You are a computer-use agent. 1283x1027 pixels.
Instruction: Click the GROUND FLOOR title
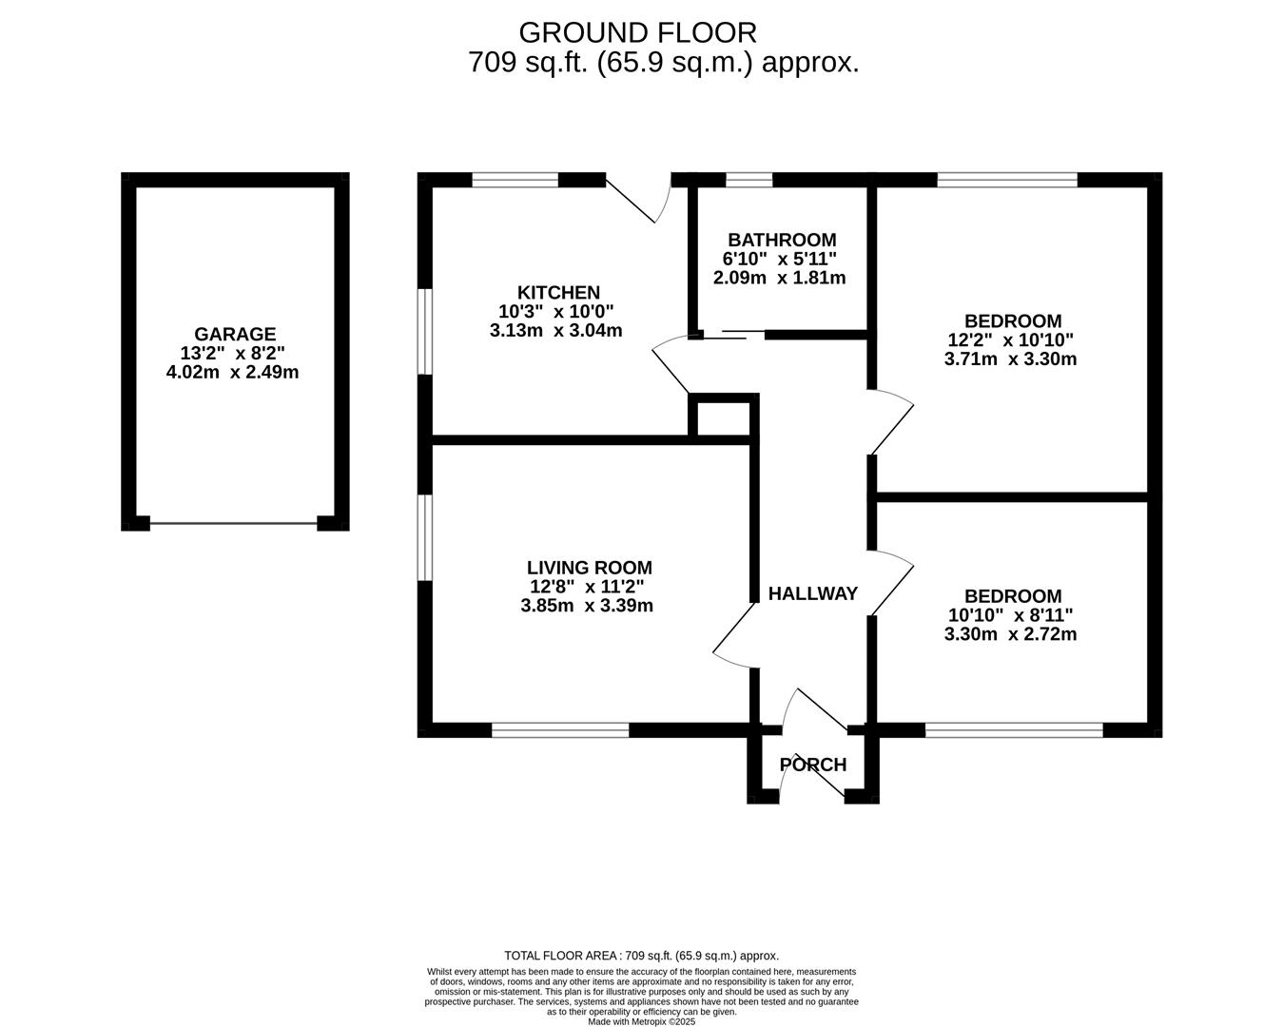pyautogui.click(x=637, y=33)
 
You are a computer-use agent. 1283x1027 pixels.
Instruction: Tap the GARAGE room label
pyautogui.click(x=235, y=334)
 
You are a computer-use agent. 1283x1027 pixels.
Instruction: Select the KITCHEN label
pyautogui.click(x=558, y=293)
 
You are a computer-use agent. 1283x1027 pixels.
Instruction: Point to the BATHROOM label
pyautogui.click(x=782, y=241)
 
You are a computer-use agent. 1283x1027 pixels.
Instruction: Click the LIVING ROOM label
pyautogui.click(x=590, y=568)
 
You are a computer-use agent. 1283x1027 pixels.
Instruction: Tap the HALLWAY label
pyautogui.click(x=813, y=593)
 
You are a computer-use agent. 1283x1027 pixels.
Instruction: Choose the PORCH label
pyautogui.click(x=813, y=765)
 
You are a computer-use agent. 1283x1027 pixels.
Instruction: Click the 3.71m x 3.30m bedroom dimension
pyautogui.click(x=1011, y=359)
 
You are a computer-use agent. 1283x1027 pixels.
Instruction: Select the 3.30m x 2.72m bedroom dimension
pyautogui.click(x=1011, y=634)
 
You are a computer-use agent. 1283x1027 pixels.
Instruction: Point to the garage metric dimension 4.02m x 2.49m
pyautogui.click(x=232, y=373)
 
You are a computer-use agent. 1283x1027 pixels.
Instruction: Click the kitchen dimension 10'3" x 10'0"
pyautogui.click(x=556, y=311)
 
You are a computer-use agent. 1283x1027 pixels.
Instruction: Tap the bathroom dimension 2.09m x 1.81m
pyautogui.click(x=780, y=278)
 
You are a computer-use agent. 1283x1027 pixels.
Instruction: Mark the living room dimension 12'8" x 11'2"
pyautogui.click(x=587, y=587)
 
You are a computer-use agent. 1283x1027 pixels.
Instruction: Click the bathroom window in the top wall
pyautogui.click(x=748, y=180)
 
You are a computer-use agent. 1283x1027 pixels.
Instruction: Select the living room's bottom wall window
pyautogui.click(x=560, y=730)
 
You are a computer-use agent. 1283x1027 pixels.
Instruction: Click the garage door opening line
pyautogui.click(x=233, y=524)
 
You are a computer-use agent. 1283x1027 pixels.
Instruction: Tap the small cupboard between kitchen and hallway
pyautogui.click(x=723, y=419)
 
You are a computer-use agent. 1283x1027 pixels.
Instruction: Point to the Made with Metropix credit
pyautogui.click(x=641, y=1021)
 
